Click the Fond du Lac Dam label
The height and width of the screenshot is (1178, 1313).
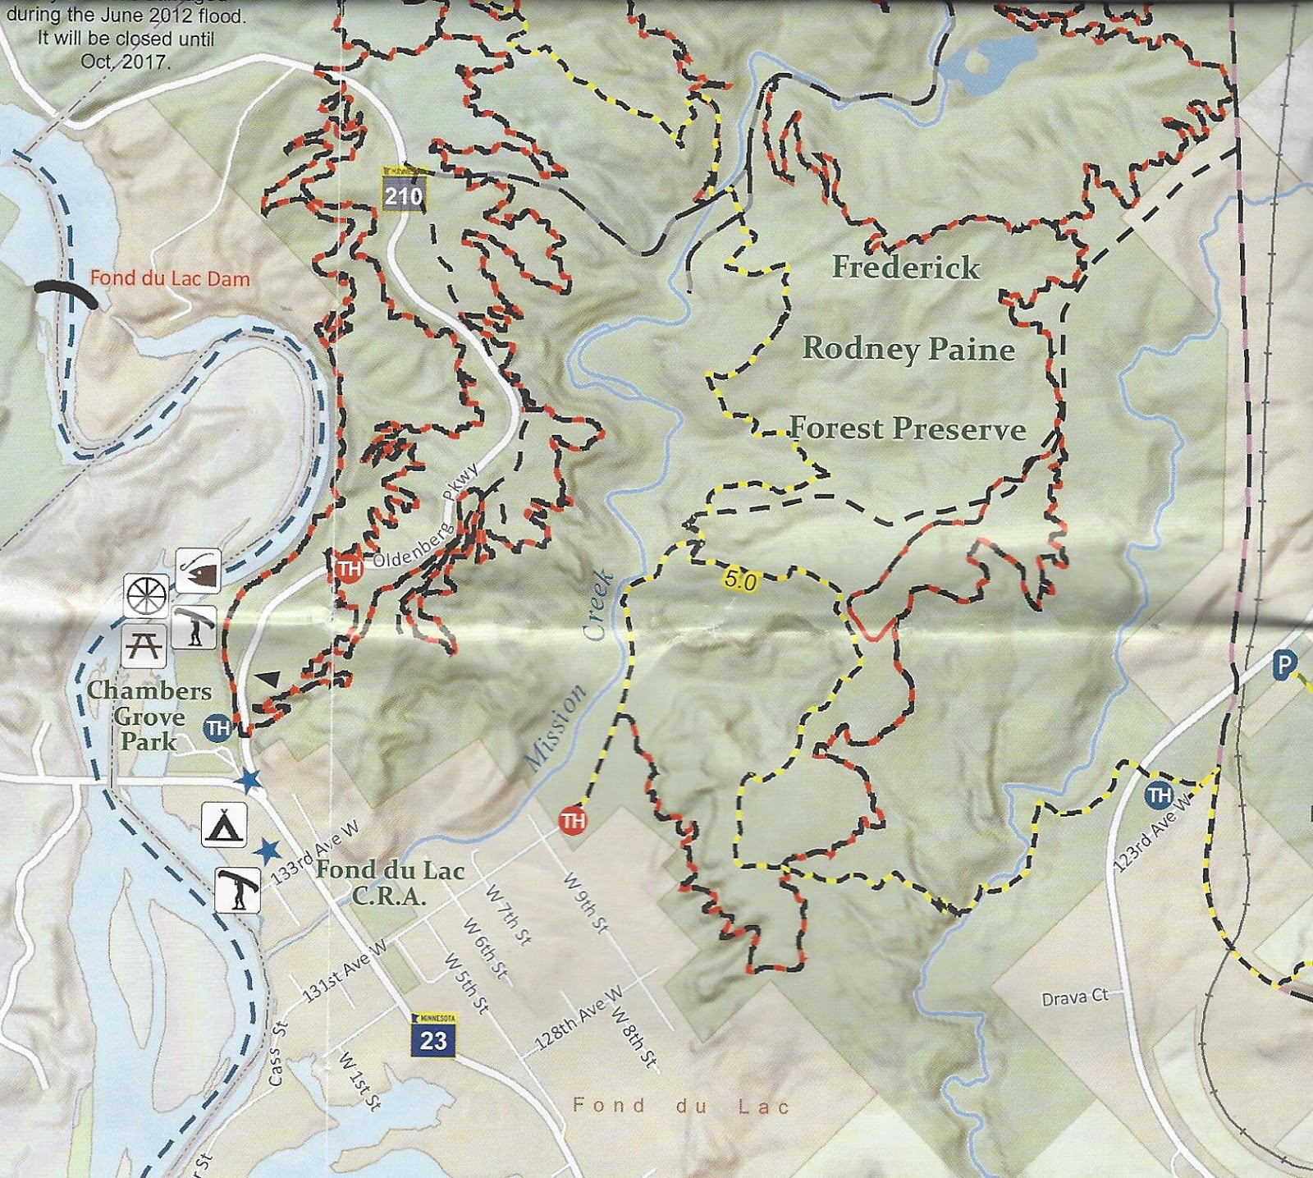point(169,278)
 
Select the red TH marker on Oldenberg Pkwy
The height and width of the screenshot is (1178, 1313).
point(349,569)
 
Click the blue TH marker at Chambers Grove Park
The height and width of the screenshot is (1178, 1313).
point(217,728)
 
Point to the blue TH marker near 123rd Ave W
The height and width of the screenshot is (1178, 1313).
point(1159,794)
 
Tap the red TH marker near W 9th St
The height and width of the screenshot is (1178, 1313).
point(572,820)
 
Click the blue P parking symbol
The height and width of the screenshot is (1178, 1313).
point(1284,664)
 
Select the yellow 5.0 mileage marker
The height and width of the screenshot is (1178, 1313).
point(739,580)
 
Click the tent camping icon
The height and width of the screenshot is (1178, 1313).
point(224,824)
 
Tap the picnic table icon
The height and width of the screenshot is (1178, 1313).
point(144,645)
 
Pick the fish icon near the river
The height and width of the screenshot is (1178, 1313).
point(198,571)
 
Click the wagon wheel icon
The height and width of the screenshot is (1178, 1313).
point(146,594)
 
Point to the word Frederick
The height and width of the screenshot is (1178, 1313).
point(905,268)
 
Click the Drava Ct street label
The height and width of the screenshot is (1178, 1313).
point(1074,997)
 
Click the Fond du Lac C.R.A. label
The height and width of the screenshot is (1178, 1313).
point(390,882)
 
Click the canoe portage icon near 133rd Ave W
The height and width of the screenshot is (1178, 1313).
point(238,890)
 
